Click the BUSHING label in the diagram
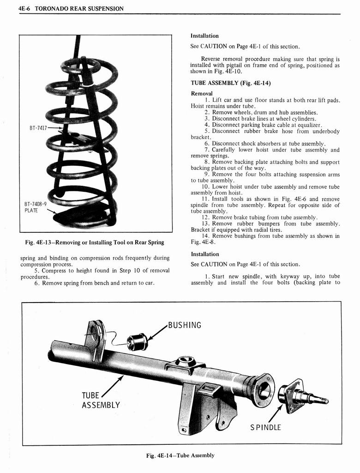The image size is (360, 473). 185,325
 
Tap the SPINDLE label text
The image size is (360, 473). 265,427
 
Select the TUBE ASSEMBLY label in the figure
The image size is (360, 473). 100,400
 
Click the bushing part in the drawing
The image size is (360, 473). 137,341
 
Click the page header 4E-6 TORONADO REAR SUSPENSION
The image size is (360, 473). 72,9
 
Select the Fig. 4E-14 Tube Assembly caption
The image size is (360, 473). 180,455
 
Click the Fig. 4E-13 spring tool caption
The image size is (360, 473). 95,243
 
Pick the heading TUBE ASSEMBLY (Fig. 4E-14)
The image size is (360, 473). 230,83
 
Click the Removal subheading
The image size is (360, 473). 202,93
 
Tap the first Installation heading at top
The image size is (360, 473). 204,36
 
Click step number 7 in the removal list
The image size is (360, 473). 207,150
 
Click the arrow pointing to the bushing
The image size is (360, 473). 157,333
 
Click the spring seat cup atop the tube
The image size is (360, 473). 186,361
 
